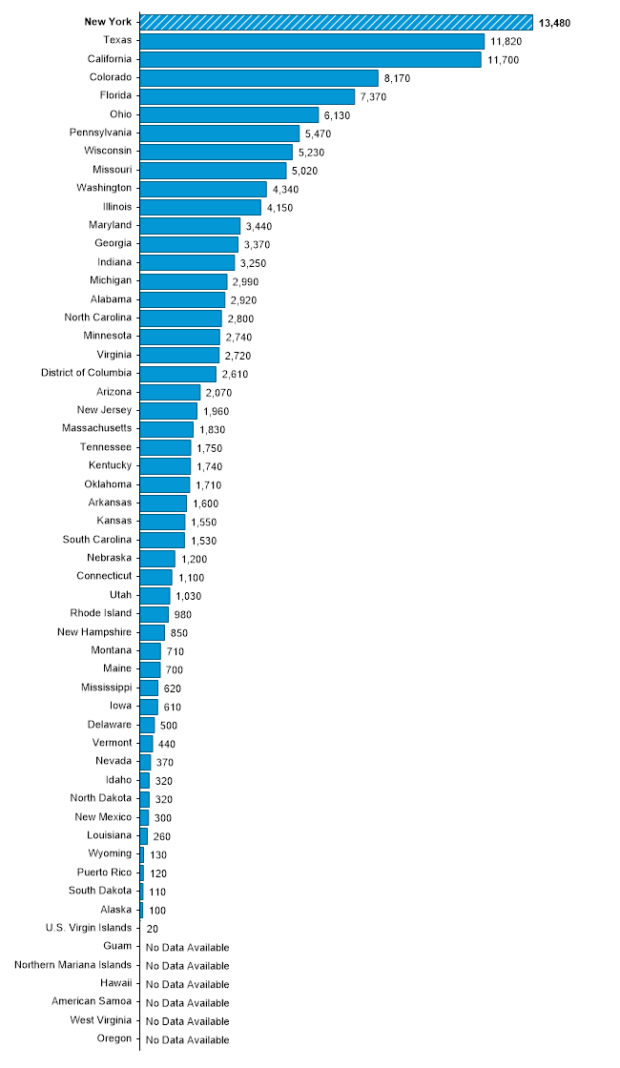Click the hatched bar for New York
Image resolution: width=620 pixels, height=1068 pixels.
click(x=336, y=22)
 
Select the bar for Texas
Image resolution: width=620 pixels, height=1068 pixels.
click(x=312, y=41)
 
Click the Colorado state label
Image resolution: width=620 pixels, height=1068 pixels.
click(x=111, y=77)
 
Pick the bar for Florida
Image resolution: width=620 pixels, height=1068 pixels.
click(x=247, y=96)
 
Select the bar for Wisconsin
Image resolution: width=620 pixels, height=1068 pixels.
click(x=217, y=152)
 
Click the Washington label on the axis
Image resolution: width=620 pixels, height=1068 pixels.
click(x=104, y=188)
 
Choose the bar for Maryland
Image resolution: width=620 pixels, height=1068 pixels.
click(x=190, y=225)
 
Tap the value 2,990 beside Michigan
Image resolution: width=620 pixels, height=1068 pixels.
click(x=245, y=281)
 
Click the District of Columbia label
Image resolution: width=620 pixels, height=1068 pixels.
click(x=87, y=373)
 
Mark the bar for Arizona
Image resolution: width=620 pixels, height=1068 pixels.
click(x=170, y=392)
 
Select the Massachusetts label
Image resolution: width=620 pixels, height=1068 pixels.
click(x=96, y=428)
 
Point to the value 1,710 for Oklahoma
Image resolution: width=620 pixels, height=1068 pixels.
click(x=209, y=484)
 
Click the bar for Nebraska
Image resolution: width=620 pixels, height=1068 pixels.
click(x=157, y=558)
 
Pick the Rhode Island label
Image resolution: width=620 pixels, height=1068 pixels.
click(x=101, y=613)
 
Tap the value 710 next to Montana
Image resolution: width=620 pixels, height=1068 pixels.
click(x=175, y=650)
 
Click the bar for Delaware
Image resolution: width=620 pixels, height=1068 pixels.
click(x=147, y=725)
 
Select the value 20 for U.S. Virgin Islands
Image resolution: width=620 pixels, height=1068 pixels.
click(x=153, y=928)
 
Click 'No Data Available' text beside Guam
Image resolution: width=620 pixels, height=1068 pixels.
click(x=187, y=947)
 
